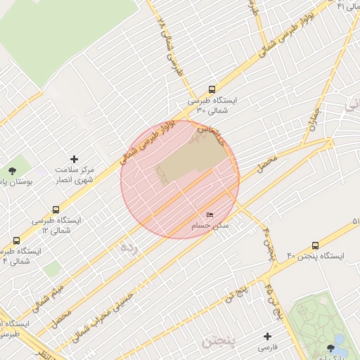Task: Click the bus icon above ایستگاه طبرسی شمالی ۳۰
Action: click(212, 89)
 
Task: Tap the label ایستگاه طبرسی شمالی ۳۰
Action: click(212, 105)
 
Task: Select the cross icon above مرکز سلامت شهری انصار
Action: click(75, 159)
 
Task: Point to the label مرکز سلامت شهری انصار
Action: click(75, 175)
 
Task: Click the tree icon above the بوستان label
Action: click(12, 171)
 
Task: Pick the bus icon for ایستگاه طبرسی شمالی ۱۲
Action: click(56, 210)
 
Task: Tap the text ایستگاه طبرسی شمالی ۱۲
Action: click(56, 225)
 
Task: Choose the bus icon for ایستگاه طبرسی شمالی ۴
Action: click(16, 240)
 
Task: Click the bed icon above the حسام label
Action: click(210, 214)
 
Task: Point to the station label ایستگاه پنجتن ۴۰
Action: click(314, 256)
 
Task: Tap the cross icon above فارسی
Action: click(266, 337)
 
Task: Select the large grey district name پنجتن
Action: click(221, 341)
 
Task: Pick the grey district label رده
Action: click(131, 247)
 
